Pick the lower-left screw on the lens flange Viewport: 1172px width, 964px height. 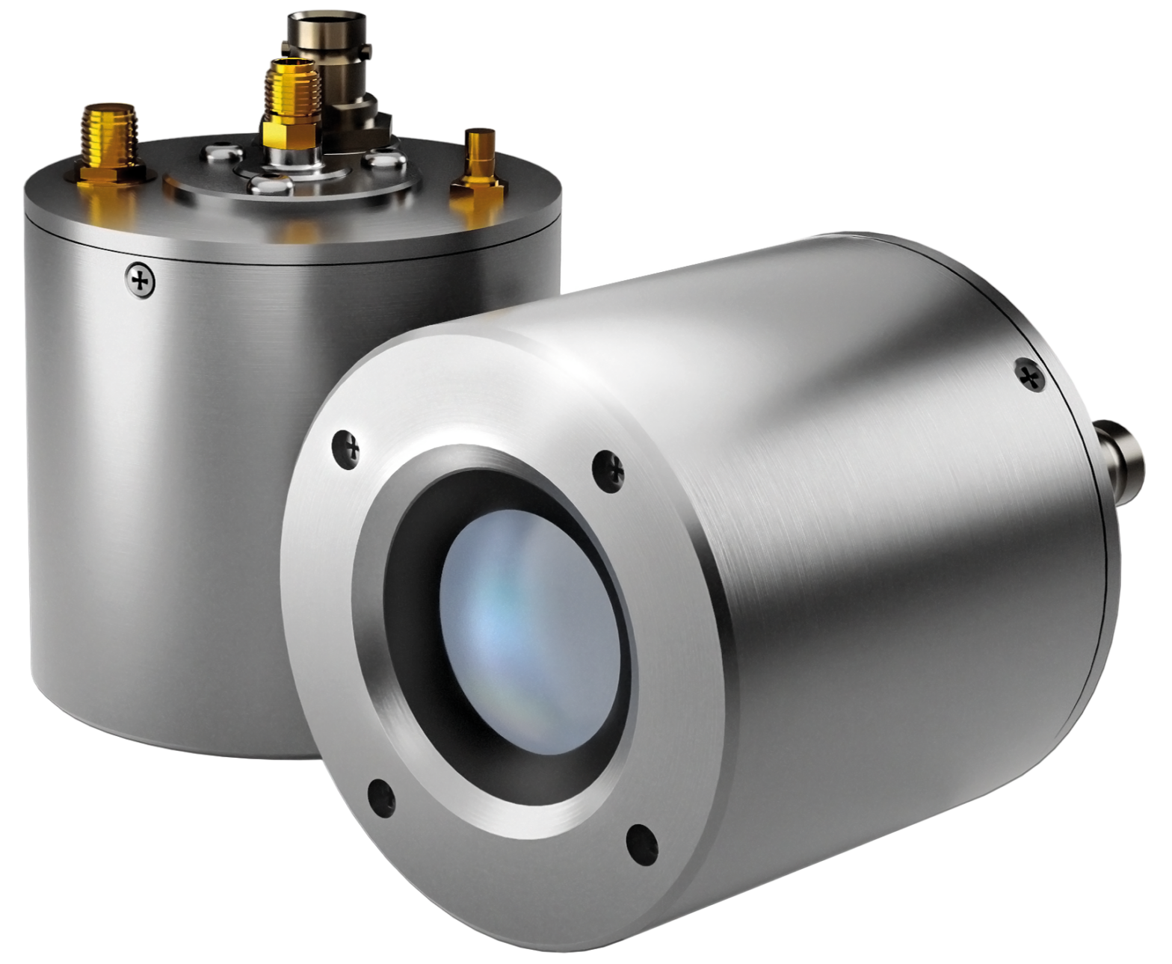coord(380,794)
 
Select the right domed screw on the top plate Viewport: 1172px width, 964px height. coord(382,159)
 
